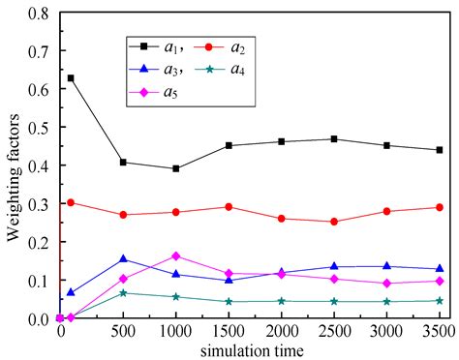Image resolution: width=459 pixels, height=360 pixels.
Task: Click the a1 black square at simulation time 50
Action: (x=71, y=77)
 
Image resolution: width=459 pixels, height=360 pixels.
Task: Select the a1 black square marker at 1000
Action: (x=175, y=168)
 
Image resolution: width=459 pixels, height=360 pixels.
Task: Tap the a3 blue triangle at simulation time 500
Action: (x=123, y=258)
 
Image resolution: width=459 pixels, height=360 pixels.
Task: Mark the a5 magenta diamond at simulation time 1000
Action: (x=175, y=256)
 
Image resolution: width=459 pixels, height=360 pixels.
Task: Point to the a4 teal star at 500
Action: (x=123, y=292)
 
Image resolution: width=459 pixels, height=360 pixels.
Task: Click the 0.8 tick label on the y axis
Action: (x=39, y=14)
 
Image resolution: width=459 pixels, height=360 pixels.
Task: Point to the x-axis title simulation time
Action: (x=254, y=348)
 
